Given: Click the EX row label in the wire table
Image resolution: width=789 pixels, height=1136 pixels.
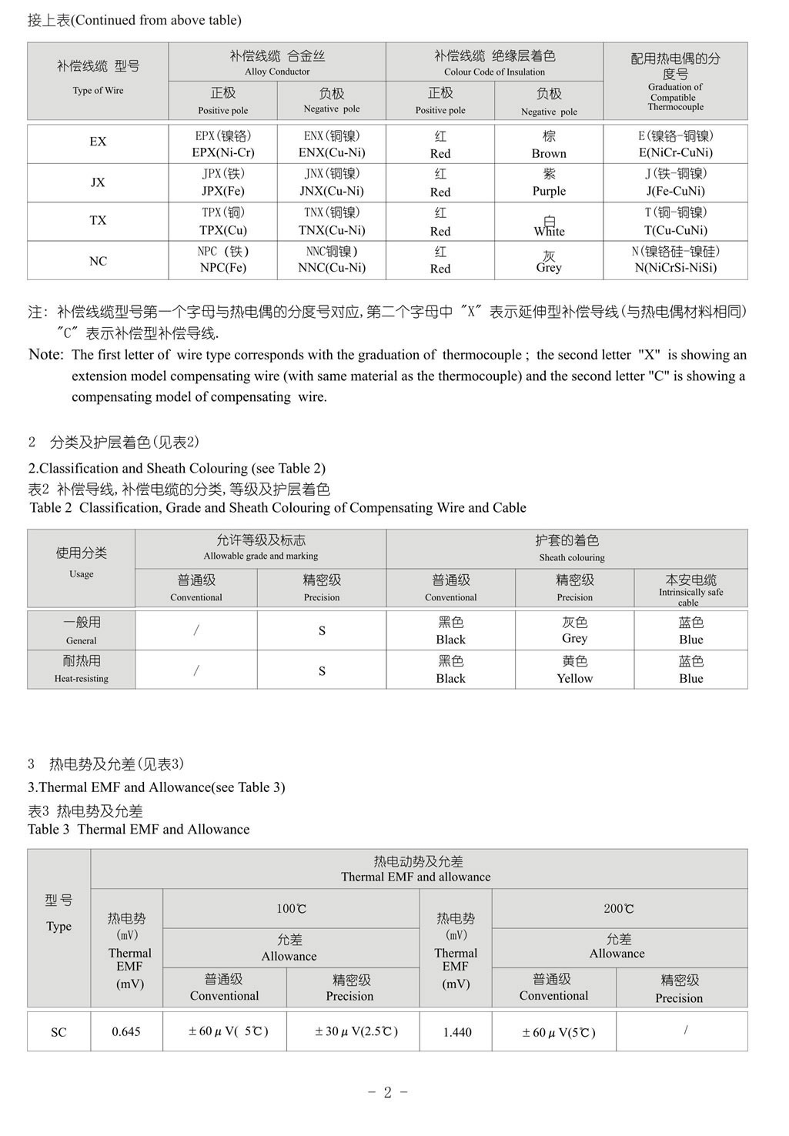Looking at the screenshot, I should coord(98,142).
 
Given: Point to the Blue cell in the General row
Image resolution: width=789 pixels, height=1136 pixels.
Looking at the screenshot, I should coord(690,630).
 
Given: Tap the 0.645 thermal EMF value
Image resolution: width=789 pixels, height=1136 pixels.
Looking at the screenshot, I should coord(126,1032).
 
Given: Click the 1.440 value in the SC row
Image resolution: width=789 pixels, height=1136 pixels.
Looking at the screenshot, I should coord(457,1032).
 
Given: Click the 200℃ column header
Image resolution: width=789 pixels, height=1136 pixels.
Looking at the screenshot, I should coord(619,909).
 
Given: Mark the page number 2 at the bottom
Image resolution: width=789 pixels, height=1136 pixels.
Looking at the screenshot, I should coord(388,1092).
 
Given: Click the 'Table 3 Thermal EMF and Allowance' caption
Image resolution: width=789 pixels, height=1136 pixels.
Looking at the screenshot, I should coord(139,829).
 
